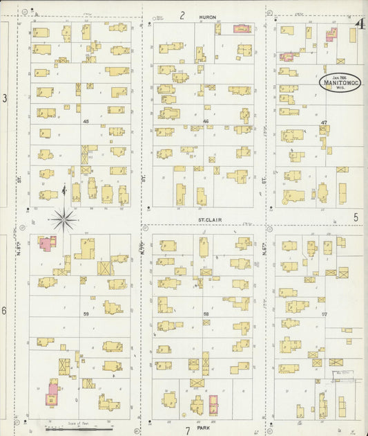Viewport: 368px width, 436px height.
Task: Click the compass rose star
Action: (x=64, y=219)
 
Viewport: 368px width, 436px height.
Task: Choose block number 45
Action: (x=86, y=121)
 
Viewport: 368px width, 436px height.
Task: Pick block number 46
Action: (x=206, y=121)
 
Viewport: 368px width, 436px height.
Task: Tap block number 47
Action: (x=323, y=122)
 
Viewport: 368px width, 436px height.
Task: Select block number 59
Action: (x=86, y=314)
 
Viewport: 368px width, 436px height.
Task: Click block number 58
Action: (x=206, y=314)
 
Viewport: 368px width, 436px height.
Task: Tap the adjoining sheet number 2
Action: (x=183, y=15)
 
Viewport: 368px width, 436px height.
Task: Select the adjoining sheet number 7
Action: (x=187, y=430)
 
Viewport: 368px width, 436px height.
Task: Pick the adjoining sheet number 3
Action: (x=5, y=99)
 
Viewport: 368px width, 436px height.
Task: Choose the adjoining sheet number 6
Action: (x=5, y=311)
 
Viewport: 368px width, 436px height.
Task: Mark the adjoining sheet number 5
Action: (x=356, y=217)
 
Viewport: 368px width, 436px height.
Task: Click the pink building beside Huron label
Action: (x=242, y=29)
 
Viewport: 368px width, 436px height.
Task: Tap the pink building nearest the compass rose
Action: (x=47, y=244)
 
